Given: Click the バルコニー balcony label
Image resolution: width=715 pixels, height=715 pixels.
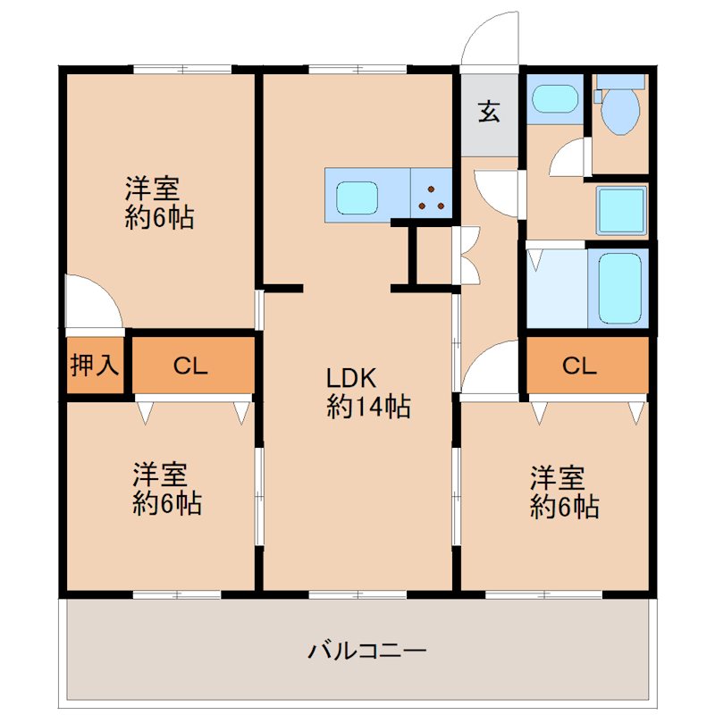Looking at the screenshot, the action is tap(367, 650).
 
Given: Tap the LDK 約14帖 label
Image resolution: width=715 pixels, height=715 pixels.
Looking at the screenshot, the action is tap(368, 392).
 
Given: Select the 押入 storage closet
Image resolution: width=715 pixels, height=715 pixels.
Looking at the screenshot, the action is tap(95, 366).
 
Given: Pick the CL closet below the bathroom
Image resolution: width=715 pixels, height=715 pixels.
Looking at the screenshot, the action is tap(588, 365).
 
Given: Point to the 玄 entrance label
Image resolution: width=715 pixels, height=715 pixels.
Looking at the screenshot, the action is tap(489, 111).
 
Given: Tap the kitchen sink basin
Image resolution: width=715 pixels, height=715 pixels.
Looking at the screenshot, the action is tap(357, 198).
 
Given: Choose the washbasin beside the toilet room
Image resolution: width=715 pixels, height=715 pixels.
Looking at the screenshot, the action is tap(555, 98).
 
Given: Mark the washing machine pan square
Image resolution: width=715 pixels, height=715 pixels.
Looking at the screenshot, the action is tap(621, 210).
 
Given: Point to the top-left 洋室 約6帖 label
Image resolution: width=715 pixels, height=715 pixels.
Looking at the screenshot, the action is tap(159, 203).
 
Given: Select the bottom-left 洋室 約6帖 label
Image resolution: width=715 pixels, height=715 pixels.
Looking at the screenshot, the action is tap(167, 489).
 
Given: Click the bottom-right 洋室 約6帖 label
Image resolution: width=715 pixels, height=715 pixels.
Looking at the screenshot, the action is tap(565, 492).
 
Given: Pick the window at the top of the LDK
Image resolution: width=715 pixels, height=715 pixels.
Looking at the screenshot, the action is tap(357, 70).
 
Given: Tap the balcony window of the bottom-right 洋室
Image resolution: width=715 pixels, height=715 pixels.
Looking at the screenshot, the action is tap(543, 594).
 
